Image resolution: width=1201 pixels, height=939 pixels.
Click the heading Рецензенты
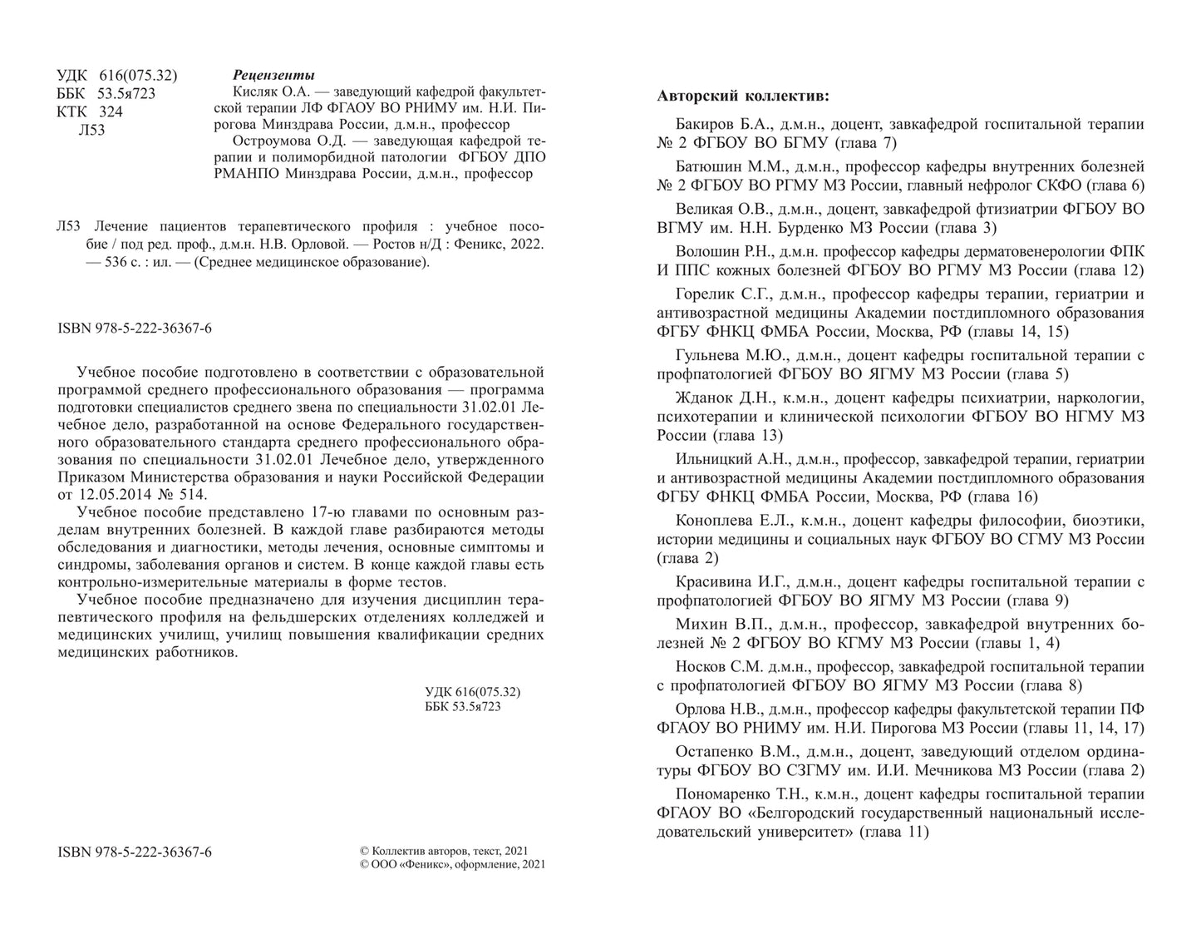(x=273, y=74)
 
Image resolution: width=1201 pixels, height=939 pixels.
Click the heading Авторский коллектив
(x=742, y=96)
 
